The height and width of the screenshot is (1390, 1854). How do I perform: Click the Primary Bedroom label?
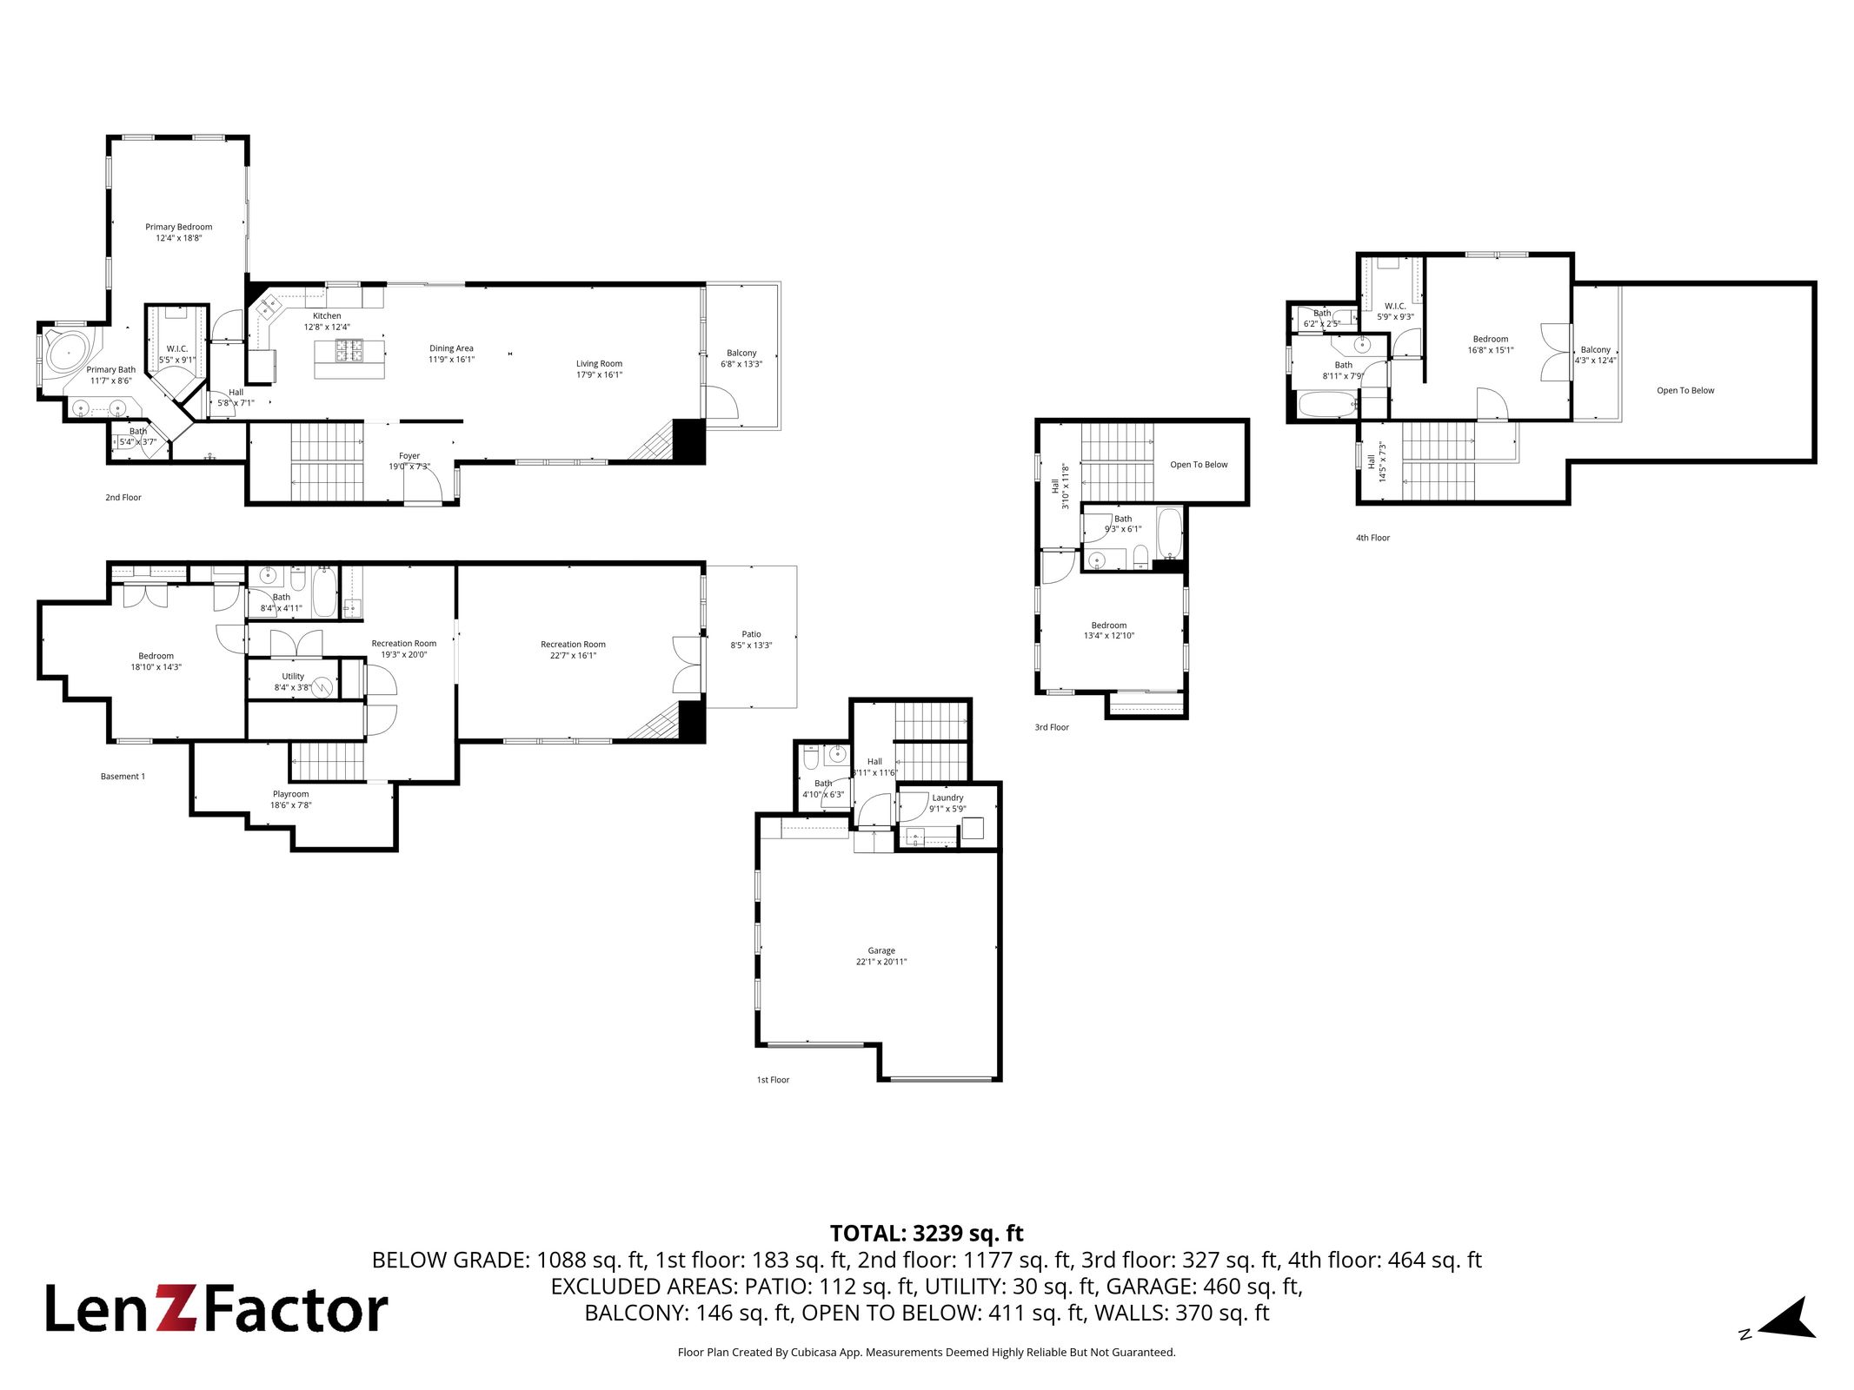(178, 227)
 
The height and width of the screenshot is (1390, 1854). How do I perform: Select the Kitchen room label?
(327, 316)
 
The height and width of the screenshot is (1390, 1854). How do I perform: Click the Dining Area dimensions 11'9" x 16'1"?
(451, 360)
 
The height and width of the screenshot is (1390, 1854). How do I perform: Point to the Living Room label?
(599, 364)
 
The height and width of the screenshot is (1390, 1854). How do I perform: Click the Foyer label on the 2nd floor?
(409, 456)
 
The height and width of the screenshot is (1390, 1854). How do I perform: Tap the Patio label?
(751, 634)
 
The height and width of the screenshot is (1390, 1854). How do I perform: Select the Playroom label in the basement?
(290, 794)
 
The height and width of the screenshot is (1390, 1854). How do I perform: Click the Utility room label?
(293, 676)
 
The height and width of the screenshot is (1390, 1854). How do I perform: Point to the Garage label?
(881, 950)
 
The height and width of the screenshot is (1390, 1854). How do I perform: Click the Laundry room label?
(947, 798)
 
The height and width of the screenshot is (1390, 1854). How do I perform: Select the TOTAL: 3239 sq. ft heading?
(927, 1234)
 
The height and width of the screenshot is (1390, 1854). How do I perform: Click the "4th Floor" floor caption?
(1372, 538)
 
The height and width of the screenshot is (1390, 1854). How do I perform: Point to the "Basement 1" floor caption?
(123, 777)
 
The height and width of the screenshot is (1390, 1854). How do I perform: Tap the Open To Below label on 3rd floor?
(1199, 465)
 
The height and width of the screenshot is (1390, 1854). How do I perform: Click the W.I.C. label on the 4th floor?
(1395, 306)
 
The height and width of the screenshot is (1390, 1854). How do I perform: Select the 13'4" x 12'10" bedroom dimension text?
(1109, 636)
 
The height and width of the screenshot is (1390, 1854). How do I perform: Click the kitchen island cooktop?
(350, 350)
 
